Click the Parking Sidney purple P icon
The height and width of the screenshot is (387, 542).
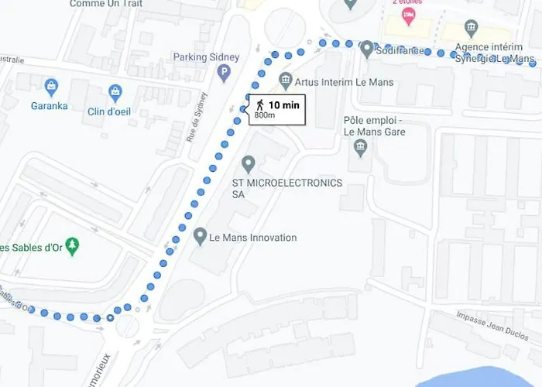pos(225,74)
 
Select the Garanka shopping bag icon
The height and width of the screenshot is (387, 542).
pos(50,85)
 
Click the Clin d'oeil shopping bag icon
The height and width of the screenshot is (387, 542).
pos(115,92)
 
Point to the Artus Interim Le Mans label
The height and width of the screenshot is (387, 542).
pos(345,82)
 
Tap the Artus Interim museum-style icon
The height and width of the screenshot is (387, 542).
pos(286,80)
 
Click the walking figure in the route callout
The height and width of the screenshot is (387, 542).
pos(260,104)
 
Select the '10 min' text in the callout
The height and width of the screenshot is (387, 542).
pos(285,104)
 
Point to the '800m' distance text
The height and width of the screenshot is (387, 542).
pos(265,115)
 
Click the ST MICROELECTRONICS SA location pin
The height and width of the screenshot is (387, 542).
pos(249,164)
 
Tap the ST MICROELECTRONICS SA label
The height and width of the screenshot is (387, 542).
pos(286,189)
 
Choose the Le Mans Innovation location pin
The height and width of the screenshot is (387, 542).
pos(200,235)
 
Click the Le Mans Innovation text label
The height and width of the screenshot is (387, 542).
pos(253,238)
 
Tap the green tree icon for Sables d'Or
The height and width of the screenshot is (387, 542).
pos(73,247)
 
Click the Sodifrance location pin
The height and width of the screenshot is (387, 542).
pos(367,49)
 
